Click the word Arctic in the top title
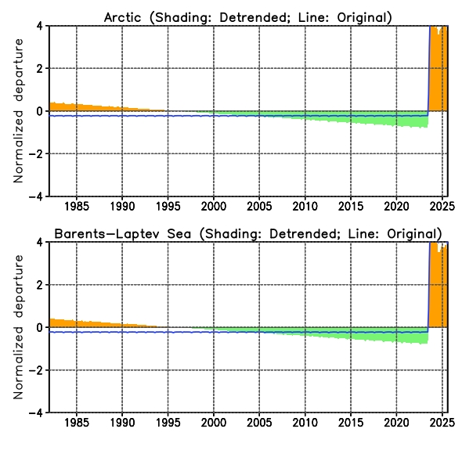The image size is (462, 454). (x=123, y=17)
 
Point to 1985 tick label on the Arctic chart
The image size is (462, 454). (x=77, y=206)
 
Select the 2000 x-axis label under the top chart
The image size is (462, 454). (x=214, y=206)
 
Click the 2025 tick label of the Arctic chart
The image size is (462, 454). (x=442, y=206)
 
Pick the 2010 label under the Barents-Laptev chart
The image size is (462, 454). (x=305, y=423)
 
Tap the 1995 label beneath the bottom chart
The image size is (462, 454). (x=168, y=423)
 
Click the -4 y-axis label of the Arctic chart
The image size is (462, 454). (x=36, y=196)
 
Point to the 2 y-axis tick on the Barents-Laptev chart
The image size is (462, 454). (x=40, y=285)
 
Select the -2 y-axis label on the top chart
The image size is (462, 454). (x=36, y=153)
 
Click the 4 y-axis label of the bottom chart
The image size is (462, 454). (x=40, y=242)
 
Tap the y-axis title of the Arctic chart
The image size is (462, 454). (x=18, y=111)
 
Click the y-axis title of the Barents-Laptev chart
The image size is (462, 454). (x=18, y=327)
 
